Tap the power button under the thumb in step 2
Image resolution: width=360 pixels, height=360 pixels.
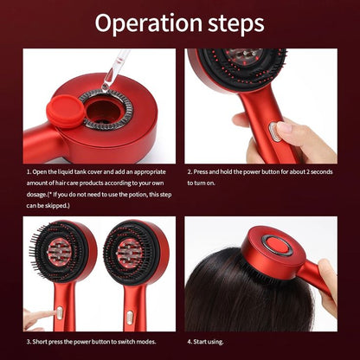click(274, 132)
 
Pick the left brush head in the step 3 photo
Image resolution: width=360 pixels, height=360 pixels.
click(62, 254)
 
